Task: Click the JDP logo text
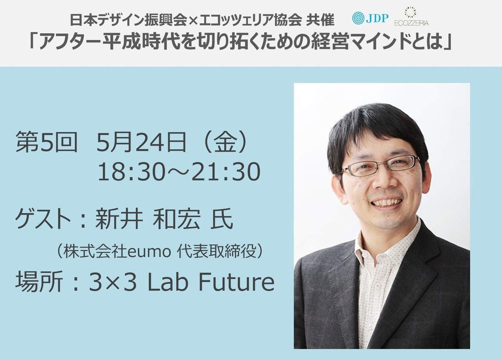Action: tap(377, 18)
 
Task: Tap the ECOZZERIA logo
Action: tap(411, 17)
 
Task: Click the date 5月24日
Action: tap(141, 143)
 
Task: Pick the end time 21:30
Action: tap(226, 172)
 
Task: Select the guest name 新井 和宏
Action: tap(148, 220)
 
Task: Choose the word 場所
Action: tap(38, 282)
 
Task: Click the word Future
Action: tap(236, 282)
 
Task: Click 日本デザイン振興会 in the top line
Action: tap(128, 20)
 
